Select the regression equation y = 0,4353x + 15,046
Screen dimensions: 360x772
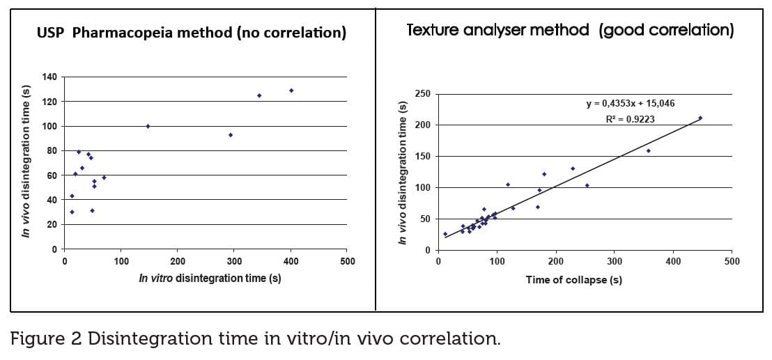[630, 103]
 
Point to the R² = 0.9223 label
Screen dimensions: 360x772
[630, 119]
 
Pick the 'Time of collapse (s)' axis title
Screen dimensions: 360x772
[573, 280]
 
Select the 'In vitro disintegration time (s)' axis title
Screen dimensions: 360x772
[210, 278]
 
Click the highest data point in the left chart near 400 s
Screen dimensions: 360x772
[291, 91]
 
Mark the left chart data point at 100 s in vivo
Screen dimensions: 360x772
[148, 126]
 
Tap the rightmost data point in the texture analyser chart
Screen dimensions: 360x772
[700, 118]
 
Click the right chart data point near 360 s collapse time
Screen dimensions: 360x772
[648, 150]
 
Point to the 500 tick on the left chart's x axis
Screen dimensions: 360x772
[347, 261]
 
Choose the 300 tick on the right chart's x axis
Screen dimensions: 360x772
[614, 261]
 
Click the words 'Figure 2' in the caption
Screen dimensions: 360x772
[47, 339]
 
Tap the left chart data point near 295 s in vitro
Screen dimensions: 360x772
[231, 135]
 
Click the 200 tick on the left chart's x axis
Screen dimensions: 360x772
[178, 261]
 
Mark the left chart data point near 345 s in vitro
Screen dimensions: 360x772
[259, 95]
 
